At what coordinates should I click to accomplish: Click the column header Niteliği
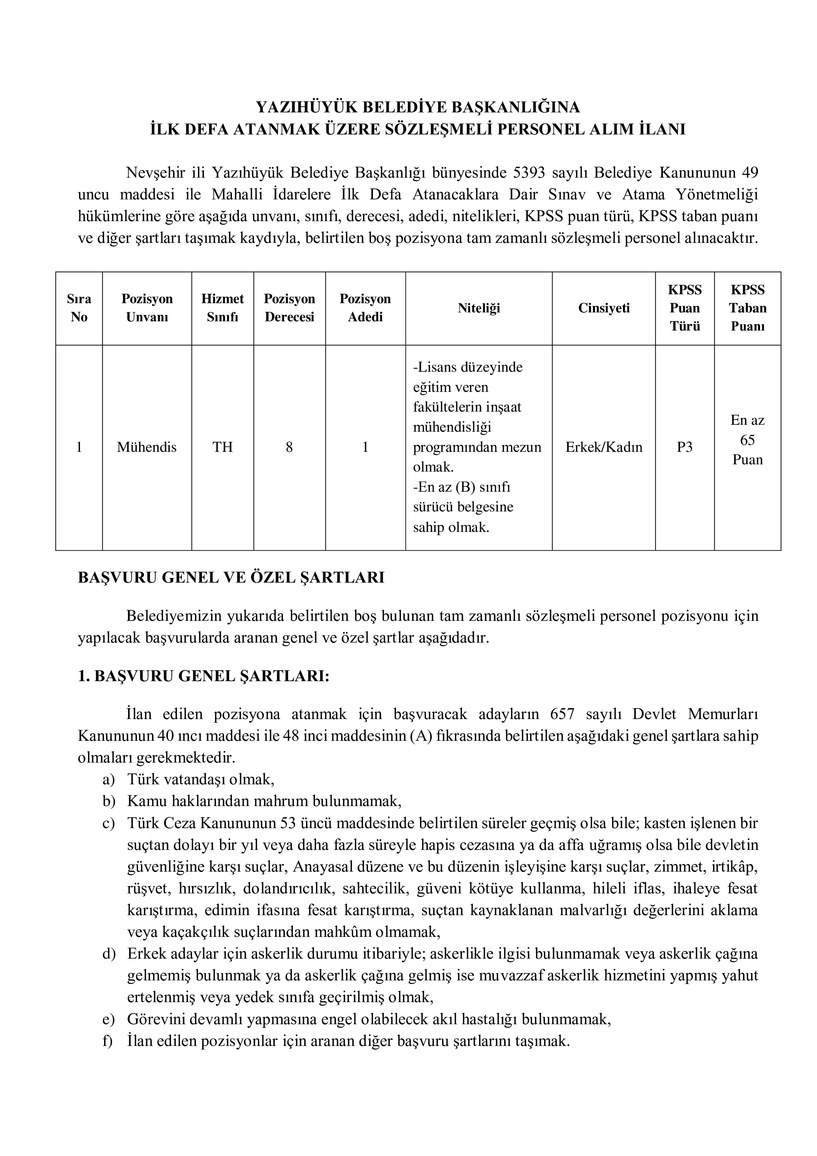(478, 308)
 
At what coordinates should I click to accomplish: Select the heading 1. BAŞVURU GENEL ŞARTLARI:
(203, 676)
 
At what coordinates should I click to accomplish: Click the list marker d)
(109, 954)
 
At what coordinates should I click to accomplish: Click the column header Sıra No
(79, 308)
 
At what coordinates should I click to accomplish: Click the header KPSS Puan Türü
(685, 308)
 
